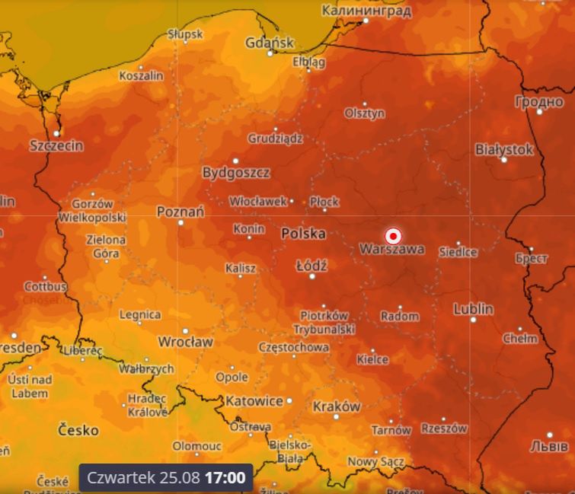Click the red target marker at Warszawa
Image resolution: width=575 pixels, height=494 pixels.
(x=394, y=235)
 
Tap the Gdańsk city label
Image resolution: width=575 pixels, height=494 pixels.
(x=269, y=43)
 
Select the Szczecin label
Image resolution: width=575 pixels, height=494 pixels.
(x=56, y=145)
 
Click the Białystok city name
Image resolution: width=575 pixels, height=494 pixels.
(x=504, y=149)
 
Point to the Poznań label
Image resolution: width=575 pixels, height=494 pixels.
(x=180, y=212)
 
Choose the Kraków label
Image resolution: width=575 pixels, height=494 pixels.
(x=336, y=406)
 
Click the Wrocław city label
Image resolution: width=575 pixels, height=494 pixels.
(x=185, y=341)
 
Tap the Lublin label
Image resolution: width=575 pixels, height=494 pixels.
(x=473, y=309)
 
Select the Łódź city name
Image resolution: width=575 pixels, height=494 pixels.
(x=311, y=266)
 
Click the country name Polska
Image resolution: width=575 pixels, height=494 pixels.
(x=303, y=233)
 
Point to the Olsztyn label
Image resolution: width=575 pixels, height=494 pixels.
(x=365, y=113)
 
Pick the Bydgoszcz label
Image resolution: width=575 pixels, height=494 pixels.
(x=236, y=173)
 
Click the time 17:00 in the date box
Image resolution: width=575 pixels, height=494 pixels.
(x=228, y=478)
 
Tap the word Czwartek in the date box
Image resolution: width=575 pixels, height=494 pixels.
(x=121, y=478)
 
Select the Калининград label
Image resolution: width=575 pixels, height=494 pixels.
(x=366, y=11)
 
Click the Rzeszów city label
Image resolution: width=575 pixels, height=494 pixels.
(x=444, y=429)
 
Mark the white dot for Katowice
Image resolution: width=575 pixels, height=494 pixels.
(x=289, y=400)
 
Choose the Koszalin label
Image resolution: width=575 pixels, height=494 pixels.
(x=142, y=76)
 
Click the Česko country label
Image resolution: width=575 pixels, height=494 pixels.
(x=78, y=430)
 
